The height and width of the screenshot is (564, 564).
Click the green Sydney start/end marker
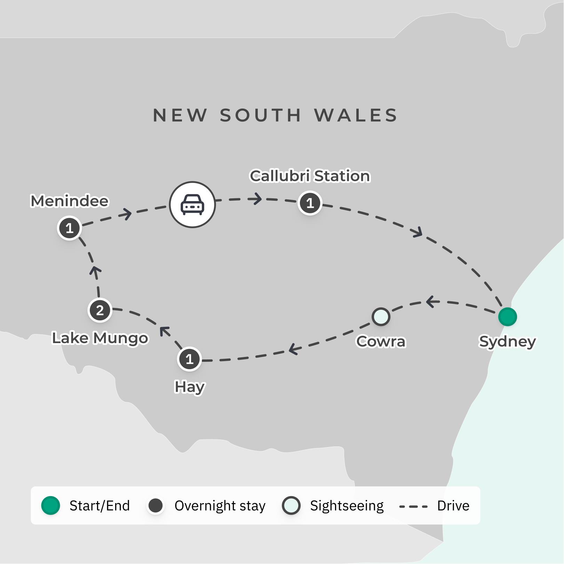[x=507, y=317]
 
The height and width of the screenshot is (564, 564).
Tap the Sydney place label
[x=507, y=341]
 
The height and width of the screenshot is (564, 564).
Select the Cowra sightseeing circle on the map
[x=381, y=317]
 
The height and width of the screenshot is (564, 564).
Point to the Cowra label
[x=381, y=341]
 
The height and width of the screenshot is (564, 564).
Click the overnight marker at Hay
[x=189, y=359]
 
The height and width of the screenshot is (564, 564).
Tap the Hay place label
[x=190, y=387]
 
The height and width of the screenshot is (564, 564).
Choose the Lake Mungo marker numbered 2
[x=100, y=310]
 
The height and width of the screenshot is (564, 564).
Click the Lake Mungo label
[x=100, y=338]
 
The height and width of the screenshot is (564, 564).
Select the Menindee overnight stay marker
[x=69, y=228]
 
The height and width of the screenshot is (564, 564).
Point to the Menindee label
[x=70, y=201]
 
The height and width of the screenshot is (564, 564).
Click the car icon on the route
[x=192, y=205]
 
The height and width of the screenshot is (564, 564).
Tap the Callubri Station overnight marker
[x=310, y=203]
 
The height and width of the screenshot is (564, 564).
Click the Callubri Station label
[x=310, y=176]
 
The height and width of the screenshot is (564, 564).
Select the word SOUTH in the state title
[x=260, y=115]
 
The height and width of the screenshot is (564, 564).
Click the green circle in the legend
[x=50, y=506]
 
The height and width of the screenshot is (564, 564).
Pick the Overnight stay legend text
[x=220, y=506]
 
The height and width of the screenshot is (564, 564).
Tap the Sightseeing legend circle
[x=291, y=506]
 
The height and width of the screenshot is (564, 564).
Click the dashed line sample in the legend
[x=413, y=506]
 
